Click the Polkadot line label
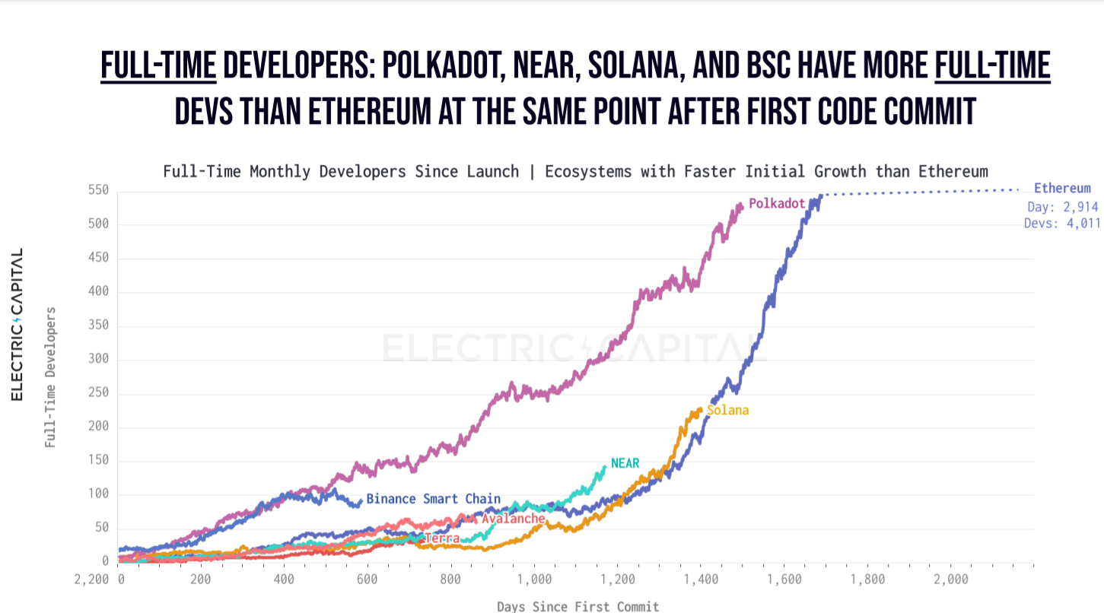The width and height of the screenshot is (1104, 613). (x=777, y=204)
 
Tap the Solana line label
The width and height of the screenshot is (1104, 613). (x=727, y=411)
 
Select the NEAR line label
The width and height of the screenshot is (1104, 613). (x=625, y=463)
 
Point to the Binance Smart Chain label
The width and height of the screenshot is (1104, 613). (x=433, y=499)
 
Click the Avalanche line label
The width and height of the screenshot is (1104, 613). (x=513, y=519)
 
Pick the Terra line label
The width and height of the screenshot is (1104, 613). (x=442, y=538)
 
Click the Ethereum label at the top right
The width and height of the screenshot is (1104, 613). (x=1062, y=189)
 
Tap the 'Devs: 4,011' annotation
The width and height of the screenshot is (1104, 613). (x=1062, y=224)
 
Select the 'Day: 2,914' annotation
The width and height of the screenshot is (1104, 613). (x=1062, y=207)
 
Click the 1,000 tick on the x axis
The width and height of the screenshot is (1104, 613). (x=534, y=580)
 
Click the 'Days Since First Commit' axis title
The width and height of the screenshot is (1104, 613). (x=577, y=606)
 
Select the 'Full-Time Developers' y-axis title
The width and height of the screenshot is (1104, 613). (x=50, y=377)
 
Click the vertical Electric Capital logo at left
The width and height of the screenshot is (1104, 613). (x=17, y=325)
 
